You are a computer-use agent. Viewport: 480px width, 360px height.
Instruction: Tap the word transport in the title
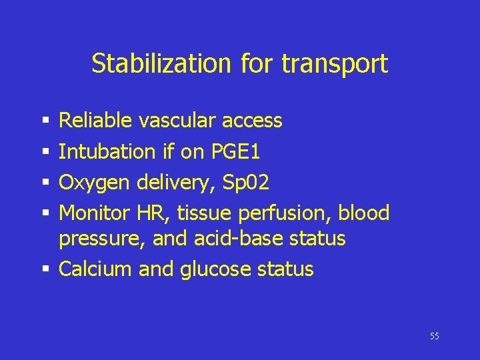335,65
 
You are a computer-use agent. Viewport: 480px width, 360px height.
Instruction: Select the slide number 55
435,336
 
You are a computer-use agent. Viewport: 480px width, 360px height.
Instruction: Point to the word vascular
176,121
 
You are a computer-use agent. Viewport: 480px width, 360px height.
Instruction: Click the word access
251,121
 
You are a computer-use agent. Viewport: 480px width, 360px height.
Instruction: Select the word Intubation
107,151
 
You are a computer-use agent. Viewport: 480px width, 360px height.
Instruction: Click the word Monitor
95,213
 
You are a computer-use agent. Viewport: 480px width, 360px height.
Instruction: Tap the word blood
364,213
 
